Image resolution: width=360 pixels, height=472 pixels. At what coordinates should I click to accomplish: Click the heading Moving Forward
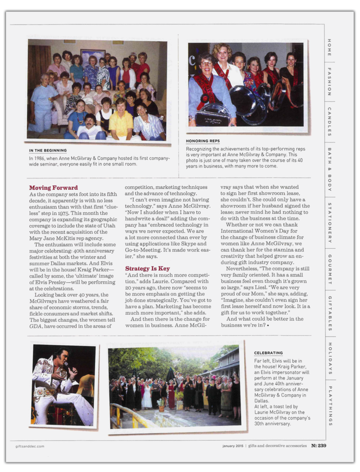[53, 188]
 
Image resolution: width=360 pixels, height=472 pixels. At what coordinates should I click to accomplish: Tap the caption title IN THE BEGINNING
[48, 150]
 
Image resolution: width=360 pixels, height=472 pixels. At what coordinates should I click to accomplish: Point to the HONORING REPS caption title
[203, 141]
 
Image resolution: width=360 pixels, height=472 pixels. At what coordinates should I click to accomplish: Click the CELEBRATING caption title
[268, 353]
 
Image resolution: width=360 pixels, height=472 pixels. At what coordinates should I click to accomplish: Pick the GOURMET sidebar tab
[330, 269]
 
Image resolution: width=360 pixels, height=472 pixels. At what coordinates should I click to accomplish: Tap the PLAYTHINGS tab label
[330, 406]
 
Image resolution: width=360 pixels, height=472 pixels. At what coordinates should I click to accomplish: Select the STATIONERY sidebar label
[330, 222]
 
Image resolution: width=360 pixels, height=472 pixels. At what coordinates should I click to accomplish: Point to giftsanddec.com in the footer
[30, 446]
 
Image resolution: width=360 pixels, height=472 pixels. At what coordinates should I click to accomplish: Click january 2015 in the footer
[232, 446]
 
